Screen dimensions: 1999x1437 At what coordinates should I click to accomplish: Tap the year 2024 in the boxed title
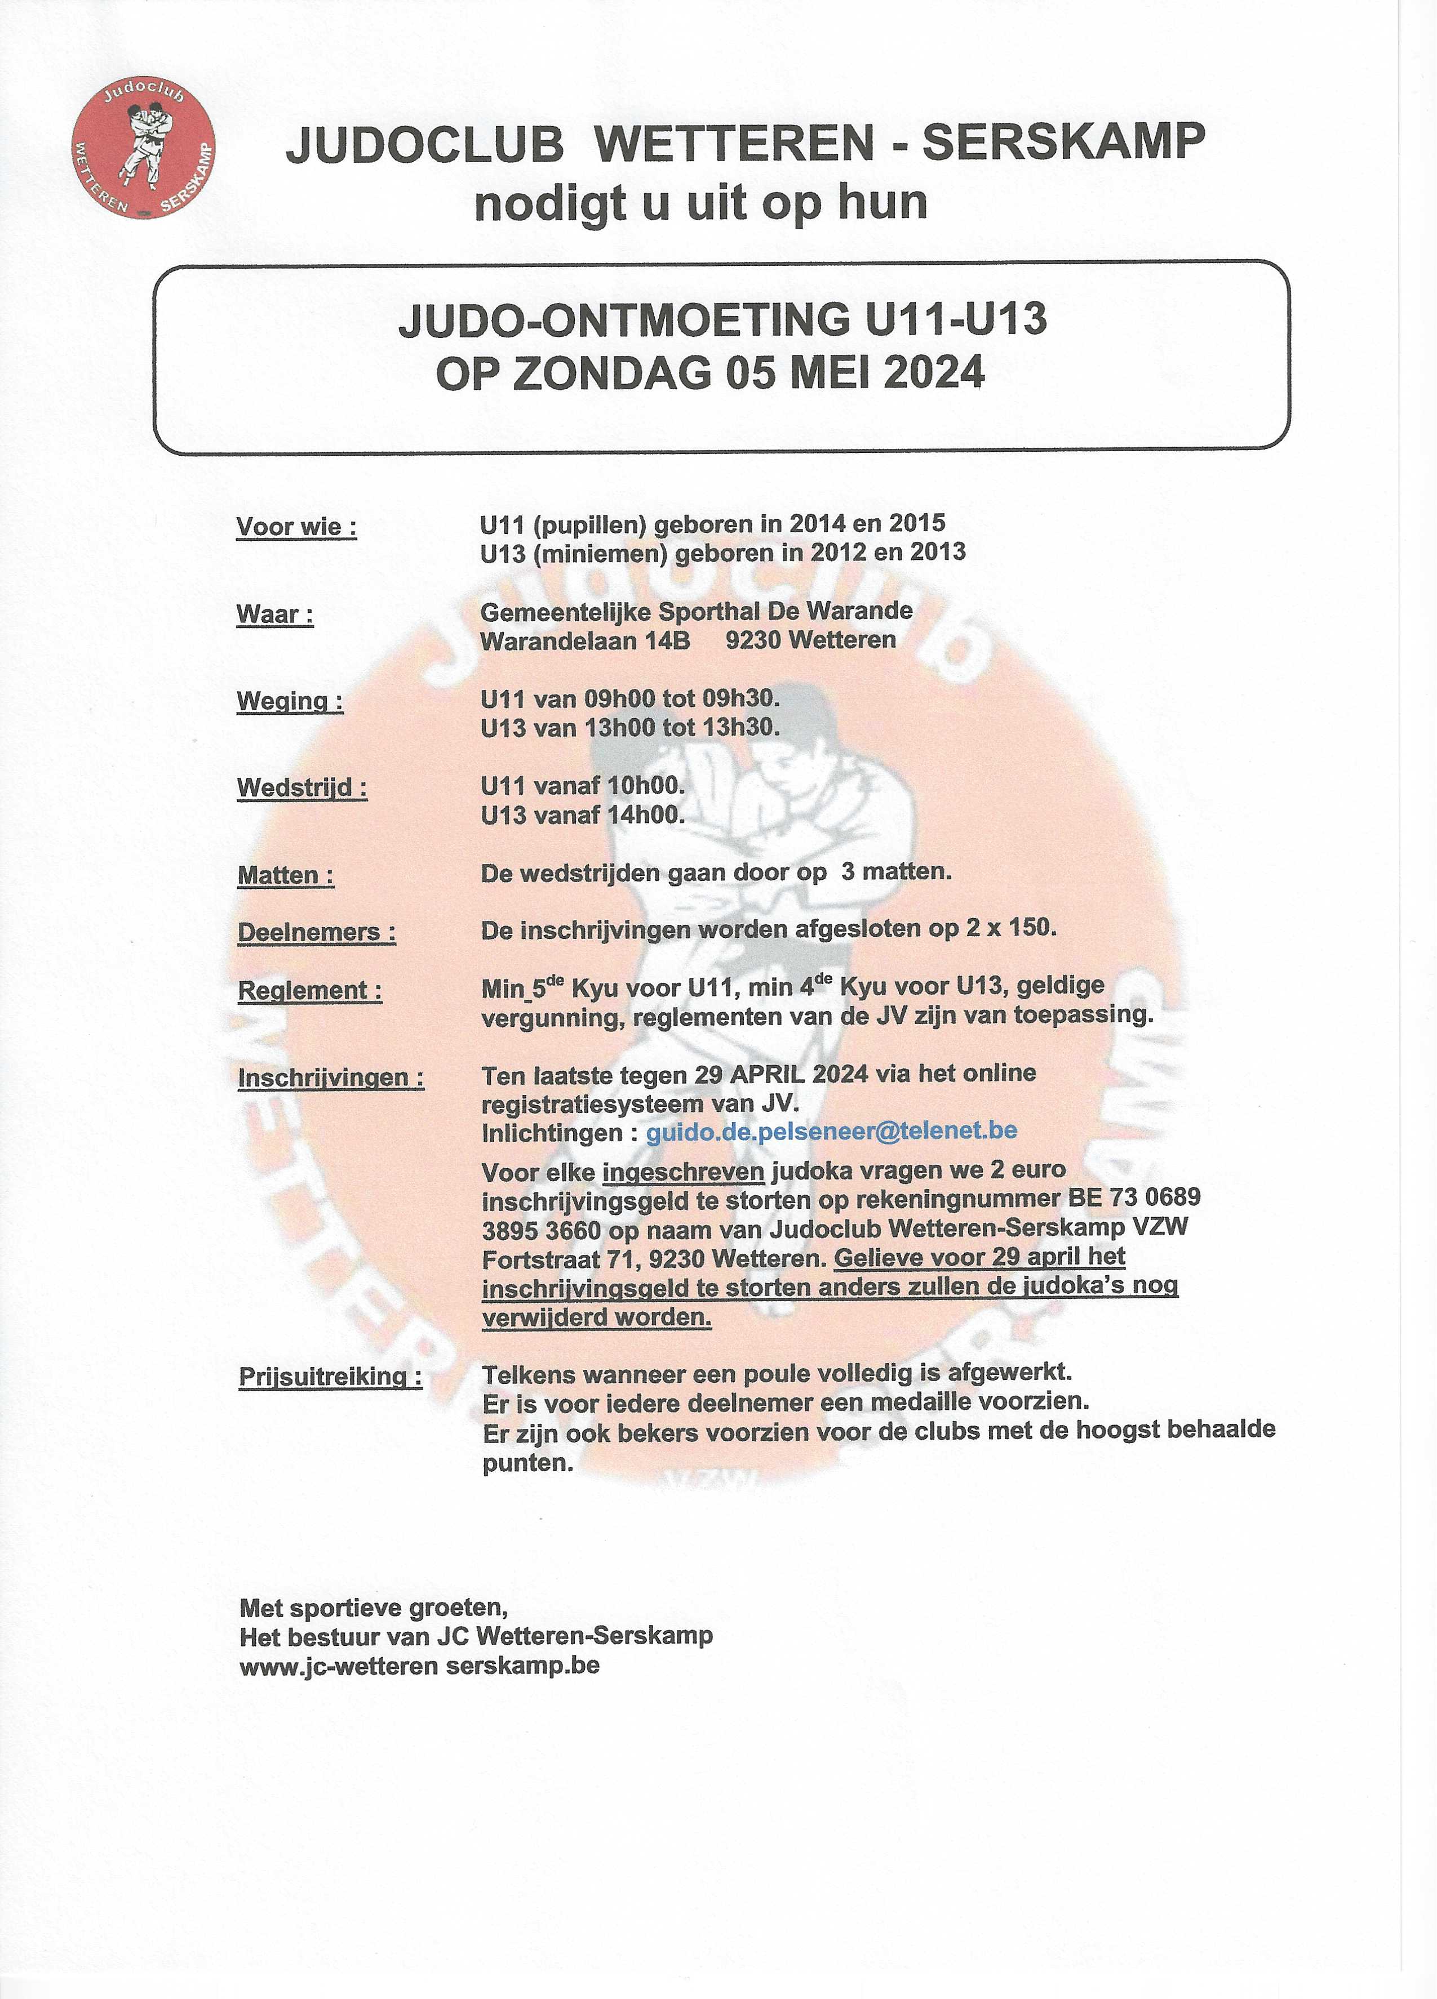click(x=934, y=373)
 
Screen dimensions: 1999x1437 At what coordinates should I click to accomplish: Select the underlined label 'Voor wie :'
click(x=296, y=527)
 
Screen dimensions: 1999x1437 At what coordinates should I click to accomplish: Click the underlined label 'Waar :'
click(x=274, y=615)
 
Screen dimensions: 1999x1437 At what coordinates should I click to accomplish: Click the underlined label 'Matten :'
click(x=286, y=875)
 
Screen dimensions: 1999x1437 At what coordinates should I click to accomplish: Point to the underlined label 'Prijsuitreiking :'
click(x=330, y=1376)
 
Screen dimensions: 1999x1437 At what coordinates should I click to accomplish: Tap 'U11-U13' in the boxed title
click(x=956, y=319)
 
